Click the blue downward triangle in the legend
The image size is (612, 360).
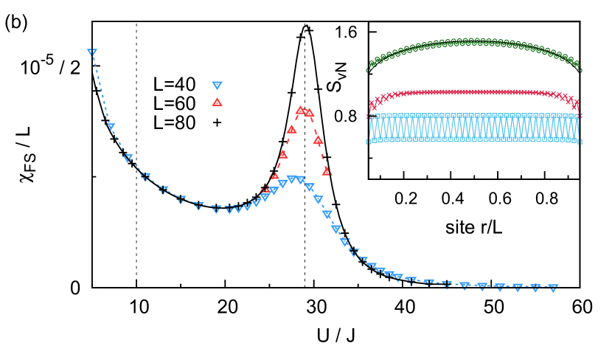pos(217,86)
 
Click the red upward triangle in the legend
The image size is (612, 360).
pos(217,102)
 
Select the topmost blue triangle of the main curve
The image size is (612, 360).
pos(92,53)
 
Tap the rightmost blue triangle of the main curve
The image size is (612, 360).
pos(553,288)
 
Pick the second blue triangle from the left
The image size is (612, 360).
pos(110,128)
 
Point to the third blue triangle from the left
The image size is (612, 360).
pos(128,159)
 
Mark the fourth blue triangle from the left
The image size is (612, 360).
pos(146,177)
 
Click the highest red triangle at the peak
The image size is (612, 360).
pos(300,111)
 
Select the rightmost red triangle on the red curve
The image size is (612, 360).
pos(327,171)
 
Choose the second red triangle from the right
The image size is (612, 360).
pos(318,139)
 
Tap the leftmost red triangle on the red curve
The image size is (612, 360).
pos(265,189)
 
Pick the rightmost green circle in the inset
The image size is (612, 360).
pos(579,70)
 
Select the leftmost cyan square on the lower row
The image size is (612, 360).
pos(370,141)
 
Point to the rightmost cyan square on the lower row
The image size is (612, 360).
pos(579,141)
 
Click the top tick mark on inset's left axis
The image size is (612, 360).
pos(372,32)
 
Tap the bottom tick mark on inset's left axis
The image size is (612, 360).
pos(372,158)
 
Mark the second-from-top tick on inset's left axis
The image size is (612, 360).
pos(372,74)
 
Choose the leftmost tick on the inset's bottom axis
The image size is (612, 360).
pos(380,176)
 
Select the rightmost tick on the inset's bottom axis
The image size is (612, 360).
pos(568,176)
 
